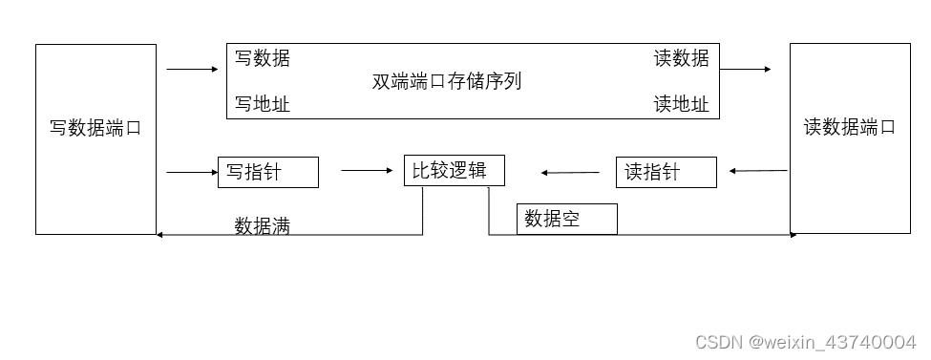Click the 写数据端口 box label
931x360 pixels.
95,128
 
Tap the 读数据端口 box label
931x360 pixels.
850,127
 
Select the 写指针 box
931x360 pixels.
267,172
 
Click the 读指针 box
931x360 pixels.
666,172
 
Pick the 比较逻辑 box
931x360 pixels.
454,171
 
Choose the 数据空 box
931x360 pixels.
566,219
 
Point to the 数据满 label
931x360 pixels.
263,226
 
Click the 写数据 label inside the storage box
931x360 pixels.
263,59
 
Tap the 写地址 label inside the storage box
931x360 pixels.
263,104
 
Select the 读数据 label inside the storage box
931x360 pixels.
681,59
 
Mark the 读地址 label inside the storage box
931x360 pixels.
681,104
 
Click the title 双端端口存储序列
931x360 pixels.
447,81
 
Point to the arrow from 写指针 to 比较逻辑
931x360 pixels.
367,171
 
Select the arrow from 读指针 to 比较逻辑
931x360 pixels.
570,173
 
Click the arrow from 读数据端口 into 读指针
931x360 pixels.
758,171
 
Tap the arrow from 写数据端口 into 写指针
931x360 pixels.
192,172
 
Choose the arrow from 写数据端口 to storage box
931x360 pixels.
191,69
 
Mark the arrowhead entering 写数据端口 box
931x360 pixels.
160,235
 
